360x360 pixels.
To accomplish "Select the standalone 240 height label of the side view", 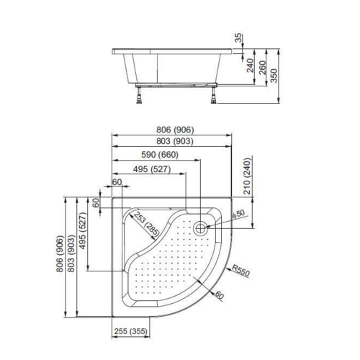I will [250, 68].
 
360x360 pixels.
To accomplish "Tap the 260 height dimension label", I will [264, 68].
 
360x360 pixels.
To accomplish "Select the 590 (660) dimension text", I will [157, 155].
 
